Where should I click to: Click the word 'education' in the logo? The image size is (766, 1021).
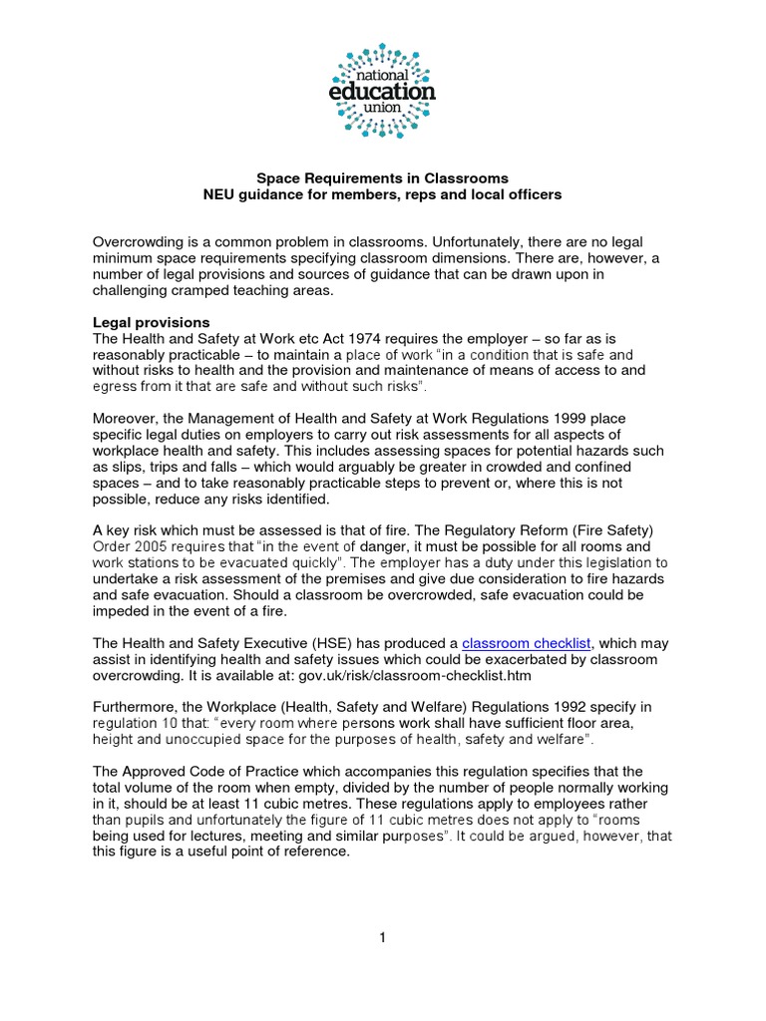click(x=383, y=91)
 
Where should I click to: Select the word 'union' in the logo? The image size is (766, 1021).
click(x=383, y=109)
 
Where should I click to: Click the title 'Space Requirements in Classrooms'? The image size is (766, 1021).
click(x=383, y=178)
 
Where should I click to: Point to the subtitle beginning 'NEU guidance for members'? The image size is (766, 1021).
click(x=383, y=195)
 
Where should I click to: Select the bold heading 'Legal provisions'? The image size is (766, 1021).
click(x=152, y=323)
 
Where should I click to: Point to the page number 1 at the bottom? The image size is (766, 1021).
click(x=383, y=937)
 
